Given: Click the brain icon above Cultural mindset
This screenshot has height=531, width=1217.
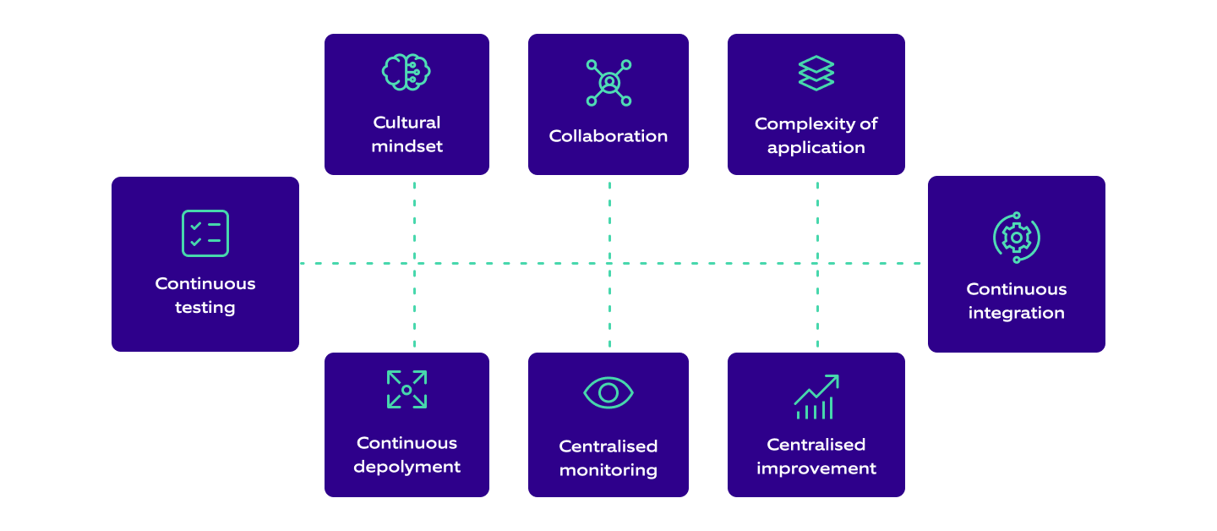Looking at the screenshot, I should click(407, 72).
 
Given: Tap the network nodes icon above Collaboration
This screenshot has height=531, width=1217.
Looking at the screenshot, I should click(608, 82).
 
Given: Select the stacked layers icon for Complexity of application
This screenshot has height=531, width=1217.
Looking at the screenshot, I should click(816, 74).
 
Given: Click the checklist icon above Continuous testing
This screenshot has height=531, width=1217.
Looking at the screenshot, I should click(205, 233).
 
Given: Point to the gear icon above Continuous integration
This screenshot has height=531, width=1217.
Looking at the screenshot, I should click(1016, 238).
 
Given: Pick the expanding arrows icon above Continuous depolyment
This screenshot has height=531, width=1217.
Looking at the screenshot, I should click(407, 390).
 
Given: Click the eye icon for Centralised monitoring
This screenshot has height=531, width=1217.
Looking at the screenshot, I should click(608, 392).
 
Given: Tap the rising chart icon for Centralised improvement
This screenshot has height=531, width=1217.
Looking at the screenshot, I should click(816, 397).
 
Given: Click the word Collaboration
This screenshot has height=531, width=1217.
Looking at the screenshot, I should click(608, 136).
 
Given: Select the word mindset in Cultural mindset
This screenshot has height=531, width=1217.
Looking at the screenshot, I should click(407, 146).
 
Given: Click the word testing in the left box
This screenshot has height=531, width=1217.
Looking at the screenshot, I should click(205, 308).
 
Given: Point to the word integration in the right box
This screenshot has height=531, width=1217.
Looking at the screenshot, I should click(1016, 313).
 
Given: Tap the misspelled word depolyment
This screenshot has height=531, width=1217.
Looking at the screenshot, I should click(407, 467).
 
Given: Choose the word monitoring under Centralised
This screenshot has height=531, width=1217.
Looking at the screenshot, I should click(608, 470).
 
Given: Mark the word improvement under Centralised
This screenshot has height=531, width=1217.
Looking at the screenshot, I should click(816, 468).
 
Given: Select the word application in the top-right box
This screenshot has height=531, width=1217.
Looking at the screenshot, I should click(816, 148).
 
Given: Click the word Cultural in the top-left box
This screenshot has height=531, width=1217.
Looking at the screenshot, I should click(407, 123).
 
